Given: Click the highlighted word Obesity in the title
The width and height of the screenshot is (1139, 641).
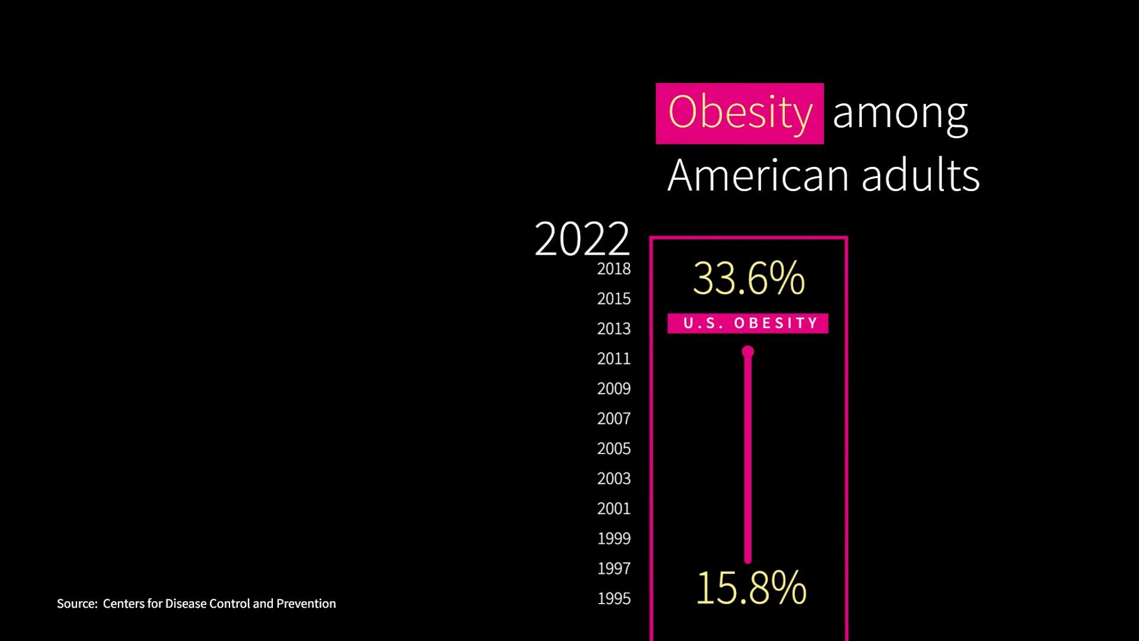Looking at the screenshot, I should [x=739, y=113].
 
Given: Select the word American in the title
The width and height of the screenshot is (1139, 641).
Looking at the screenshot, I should [x=759, y=176].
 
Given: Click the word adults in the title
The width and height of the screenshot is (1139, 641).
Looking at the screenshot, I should [x=920, y=176].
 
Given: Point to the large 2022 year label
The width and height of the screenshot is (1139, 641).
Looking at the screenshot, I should [x=581, y=239].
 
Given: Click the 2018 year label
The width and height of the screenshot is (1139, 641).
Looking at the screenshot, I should [x=613, y=269].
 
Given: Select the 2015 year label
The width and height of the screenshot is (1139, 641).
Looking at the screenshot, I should [x=613, y=299].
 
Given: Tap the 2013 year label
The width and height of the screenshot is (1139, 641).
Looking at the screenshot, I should [x=613, y=329].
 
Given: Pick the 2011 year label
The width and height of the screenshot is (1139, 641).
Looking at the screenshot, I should [x=613, y=358].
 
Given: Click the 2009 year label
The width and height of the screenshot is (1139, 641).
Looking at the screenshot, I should [x=613, y=389].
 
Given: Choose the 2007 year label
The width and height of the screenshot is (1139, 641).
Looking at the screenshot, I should [x=613, y=418].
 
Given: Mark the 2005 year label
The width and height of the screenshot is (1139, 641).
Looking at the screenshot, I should [x=613, y=449].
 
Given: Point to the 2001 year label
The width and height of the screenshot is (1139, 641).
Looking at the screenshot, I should [x=613, y=509].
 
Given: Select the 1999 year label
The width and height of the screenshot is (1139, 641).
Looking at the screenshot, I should [x=613, y=538].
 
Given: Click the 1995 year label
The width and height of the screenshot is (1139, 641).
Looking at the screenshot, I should [x=613, y=598].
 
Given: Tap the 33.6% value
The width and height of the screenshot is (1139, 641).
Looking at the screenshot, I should [x=749, y=278].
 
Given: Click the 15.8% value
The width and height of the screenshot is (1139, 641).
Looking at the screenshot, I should [x=751, y=588].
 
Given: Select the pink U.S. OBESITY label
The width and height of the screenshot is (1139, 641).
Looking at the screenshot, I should [x=747, y=323].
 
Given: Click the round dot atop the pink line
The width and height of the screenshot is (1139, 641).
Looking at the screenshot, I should [x=747, y=352].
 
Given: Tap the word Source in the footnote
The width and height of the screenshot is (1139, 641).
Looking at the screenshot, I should [x=77, y=604].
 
